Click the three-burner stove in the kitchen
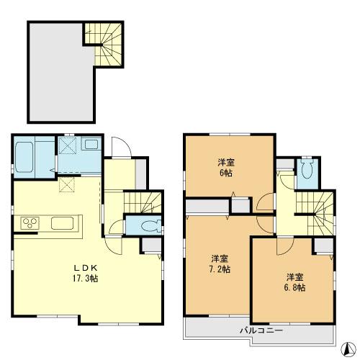click(x=30, y=222)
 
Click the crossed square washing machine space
click(x=68, y=147)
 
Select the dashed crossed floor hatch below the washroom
click(x=68, y=185)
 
